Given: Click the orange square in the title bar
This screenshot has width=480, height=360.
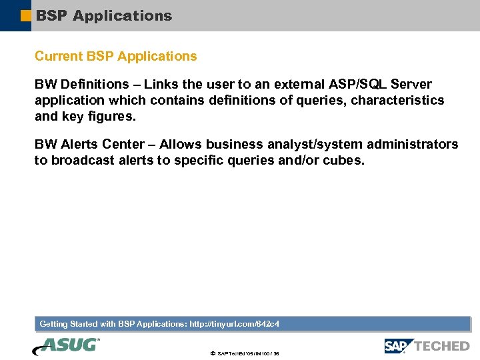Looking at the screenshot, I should pos(25,16).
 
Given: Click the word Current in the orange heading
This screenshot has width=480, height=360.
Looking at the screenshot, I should pos(59,57).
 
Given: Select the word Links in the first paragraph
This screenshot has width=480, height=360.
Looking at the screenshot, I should pos(161,85).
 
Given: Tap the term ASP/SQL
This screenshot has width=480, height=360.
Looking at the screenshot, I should pos(358,85).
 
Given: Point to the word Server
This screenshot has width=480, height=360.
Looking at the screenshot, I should pos(411,85).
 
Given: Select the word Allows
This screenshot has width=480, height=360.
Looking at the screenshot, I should pos(181,145).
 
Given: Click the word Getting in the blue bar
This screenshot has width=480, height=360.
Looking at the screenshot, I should pos(54,324).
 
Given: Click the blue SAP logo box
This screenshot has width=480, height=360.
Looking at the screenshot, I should pos(399,346).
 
